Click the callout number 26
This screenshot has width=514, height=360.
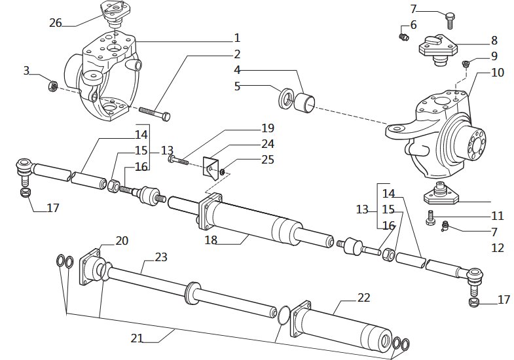pyautogui.click(x=56, y=23)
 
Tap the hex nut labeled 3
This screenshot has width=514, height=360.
pyautogui.click(x=53, y=86)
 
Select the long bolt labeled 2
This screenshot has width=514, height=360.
pyautogui.click(x=155, y=113)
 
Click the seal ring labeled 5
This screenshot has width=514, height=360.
pyautogui.click(x=286, y=98)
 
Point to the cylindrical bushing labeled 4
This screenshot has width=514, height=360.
pyautogui.click(x=304, y=103)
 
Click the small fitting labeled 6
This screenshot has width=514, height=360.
pyautogui.click(x=403, y=37)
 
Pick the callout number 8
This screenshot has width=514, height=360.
pyautogui.click(x=494, y=41)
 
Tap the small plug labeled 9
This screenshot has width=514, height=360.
pyautogui.click(x=465, y=63)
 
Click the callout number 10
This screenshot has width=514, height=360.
pyautogui.click(x=498, y=73)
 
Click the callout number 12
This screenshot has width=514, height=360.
pyautogui.click(x=498, y=247)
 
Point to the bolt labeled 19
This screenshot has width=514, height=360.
pyautogui.click(x=178, y=160)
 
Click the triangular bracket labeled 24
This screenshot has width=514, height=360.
pyautogui.click(x=211, y=168)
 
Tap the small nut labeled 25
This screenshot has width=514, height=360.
pyautogui.click(x=223, y=171)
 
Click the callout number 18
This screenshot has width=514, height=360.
pyautogui.click(x=211, y=240)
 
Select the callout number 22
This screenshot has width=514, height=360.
pyautogui.click(x=363, y=297)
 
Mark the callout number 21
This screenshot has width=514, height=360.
pyautogui.click(x=137, y=338)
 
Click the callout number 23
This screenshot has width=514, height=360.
pyautogui.click(x=161, y=257)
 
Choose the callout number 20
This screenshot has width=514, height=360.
pyautogui.click(x=122, y=241)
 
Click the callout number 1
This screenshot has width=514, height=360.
pyautogui.click(x=237, y=38)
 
